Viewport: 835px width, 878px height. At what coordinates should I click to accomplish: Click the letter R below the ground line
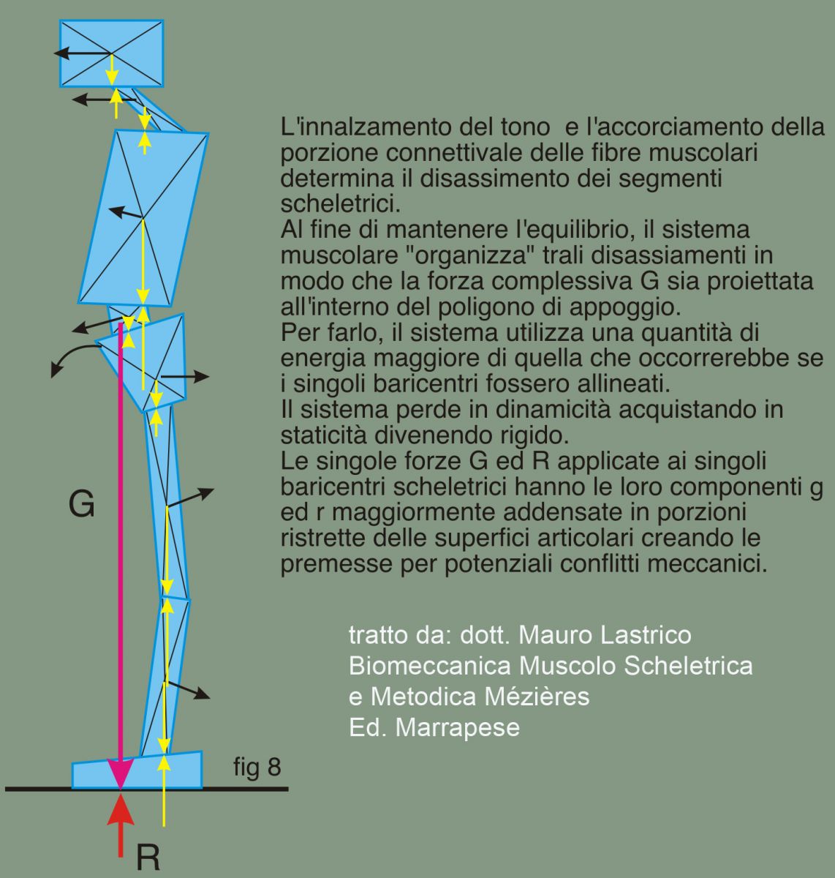click(x=148, y=858)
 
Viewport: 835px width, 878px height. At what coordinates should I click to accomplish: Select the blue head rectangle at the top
click(x=111, y=53)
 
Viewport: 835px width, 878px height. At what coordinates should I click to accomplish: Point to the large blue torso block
click(x=143, y=218)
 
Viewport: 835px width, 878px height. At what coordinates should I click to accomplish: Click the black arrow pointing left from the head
click(x=73, y=53)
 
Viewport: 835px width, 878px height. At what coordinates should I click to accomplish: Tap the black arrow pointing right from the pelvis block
click(x=190, y=376)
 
